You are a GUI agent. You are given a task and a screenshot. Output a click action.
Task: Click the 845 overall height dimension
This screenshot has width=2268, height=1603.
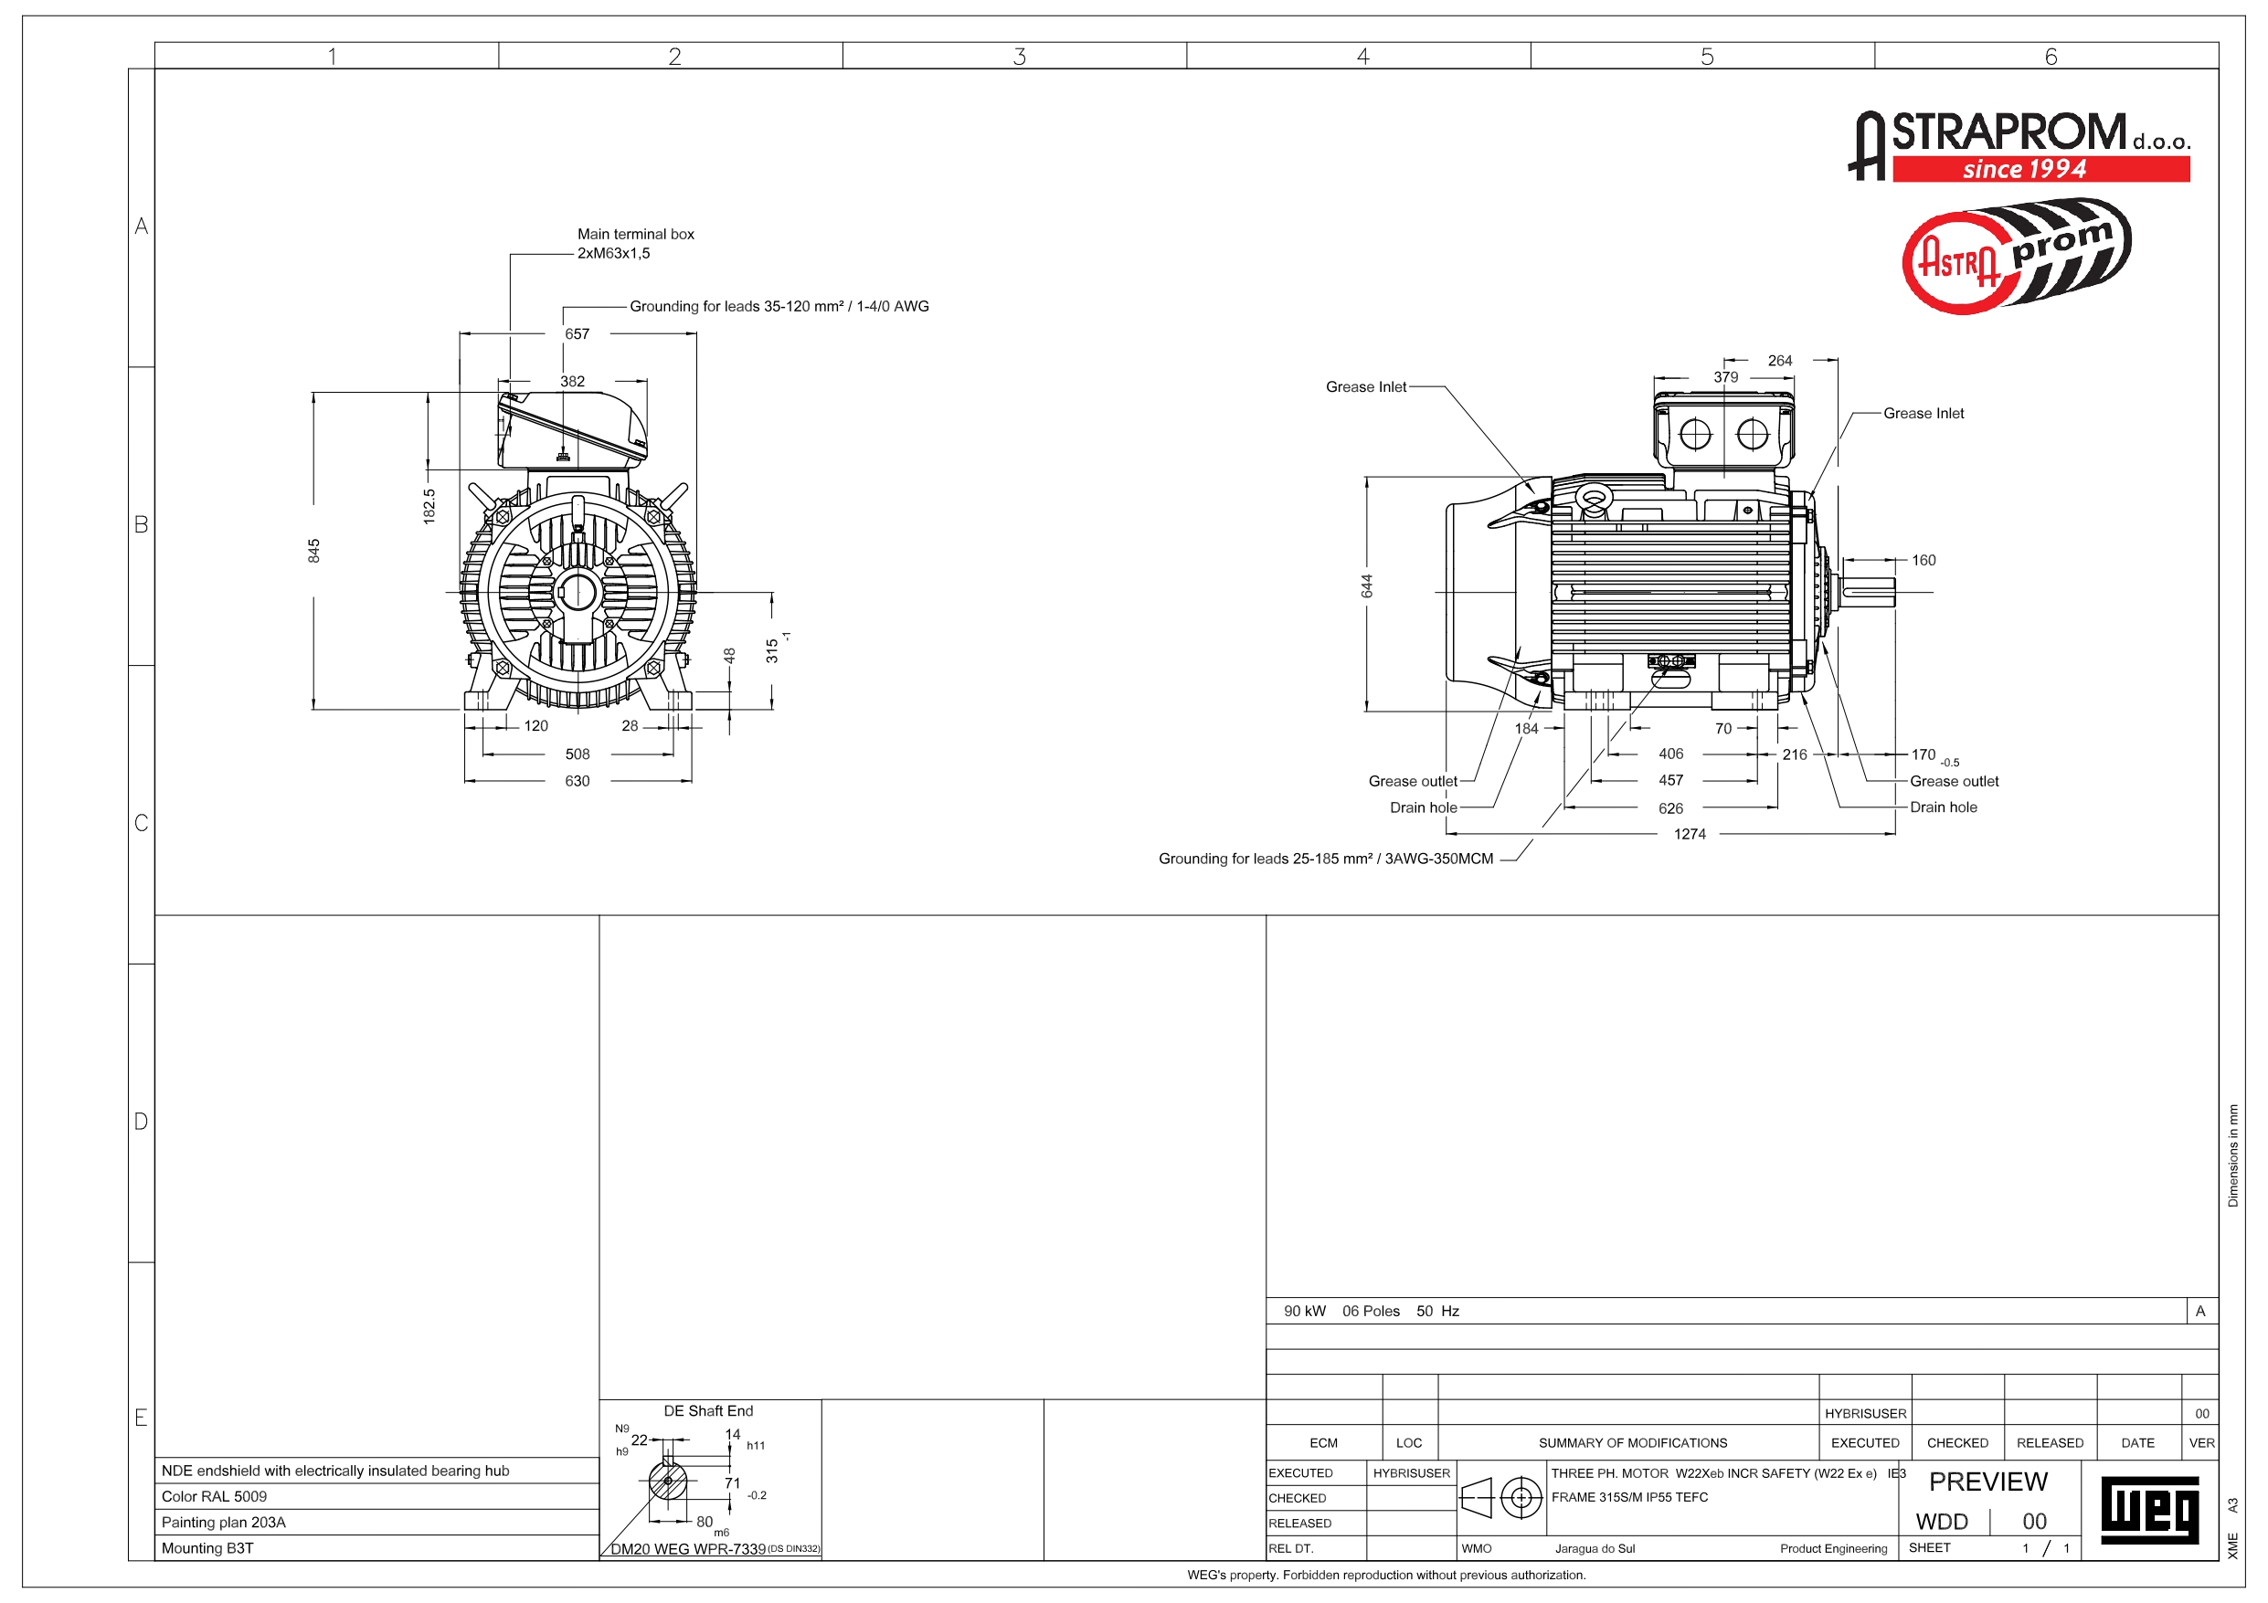tap(314, 551)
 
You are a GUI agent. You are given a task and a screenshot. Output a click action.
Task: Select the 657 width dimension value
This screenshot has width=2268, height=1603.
tap(577, 333)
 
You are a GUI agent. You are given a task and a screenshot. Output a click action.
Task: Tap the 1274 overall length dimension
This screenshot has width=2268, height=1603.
tap(1690, 835)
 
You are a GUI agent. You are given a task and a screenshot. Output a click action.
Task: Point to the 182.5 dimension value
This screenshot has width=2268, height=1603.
tap(429, 506)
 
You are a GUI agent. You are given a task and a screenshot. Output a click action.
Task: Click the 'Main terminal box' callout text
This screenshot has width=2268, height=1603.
tap(635, 234)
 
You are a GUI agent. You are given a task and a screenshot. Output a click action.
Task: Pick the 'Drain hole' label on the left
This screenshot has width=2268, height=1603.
tap(1424, 808)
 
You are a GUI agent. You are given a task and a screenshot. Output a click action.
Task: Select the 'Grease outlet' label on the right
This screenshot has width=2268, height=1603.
tap(1954, 781)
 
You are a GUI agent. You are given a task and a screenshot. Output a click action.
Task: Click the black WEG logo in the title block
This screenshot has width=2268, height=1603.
tap(2149, 1510)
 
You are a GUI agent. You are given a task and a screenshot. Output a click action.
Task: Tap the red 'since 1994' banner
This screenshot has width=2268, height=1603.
tap(2040, 169)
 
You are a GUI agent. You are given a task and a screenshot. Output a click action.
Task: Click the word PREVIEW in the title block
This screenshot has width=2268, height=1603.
tap(1987, 1482)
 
